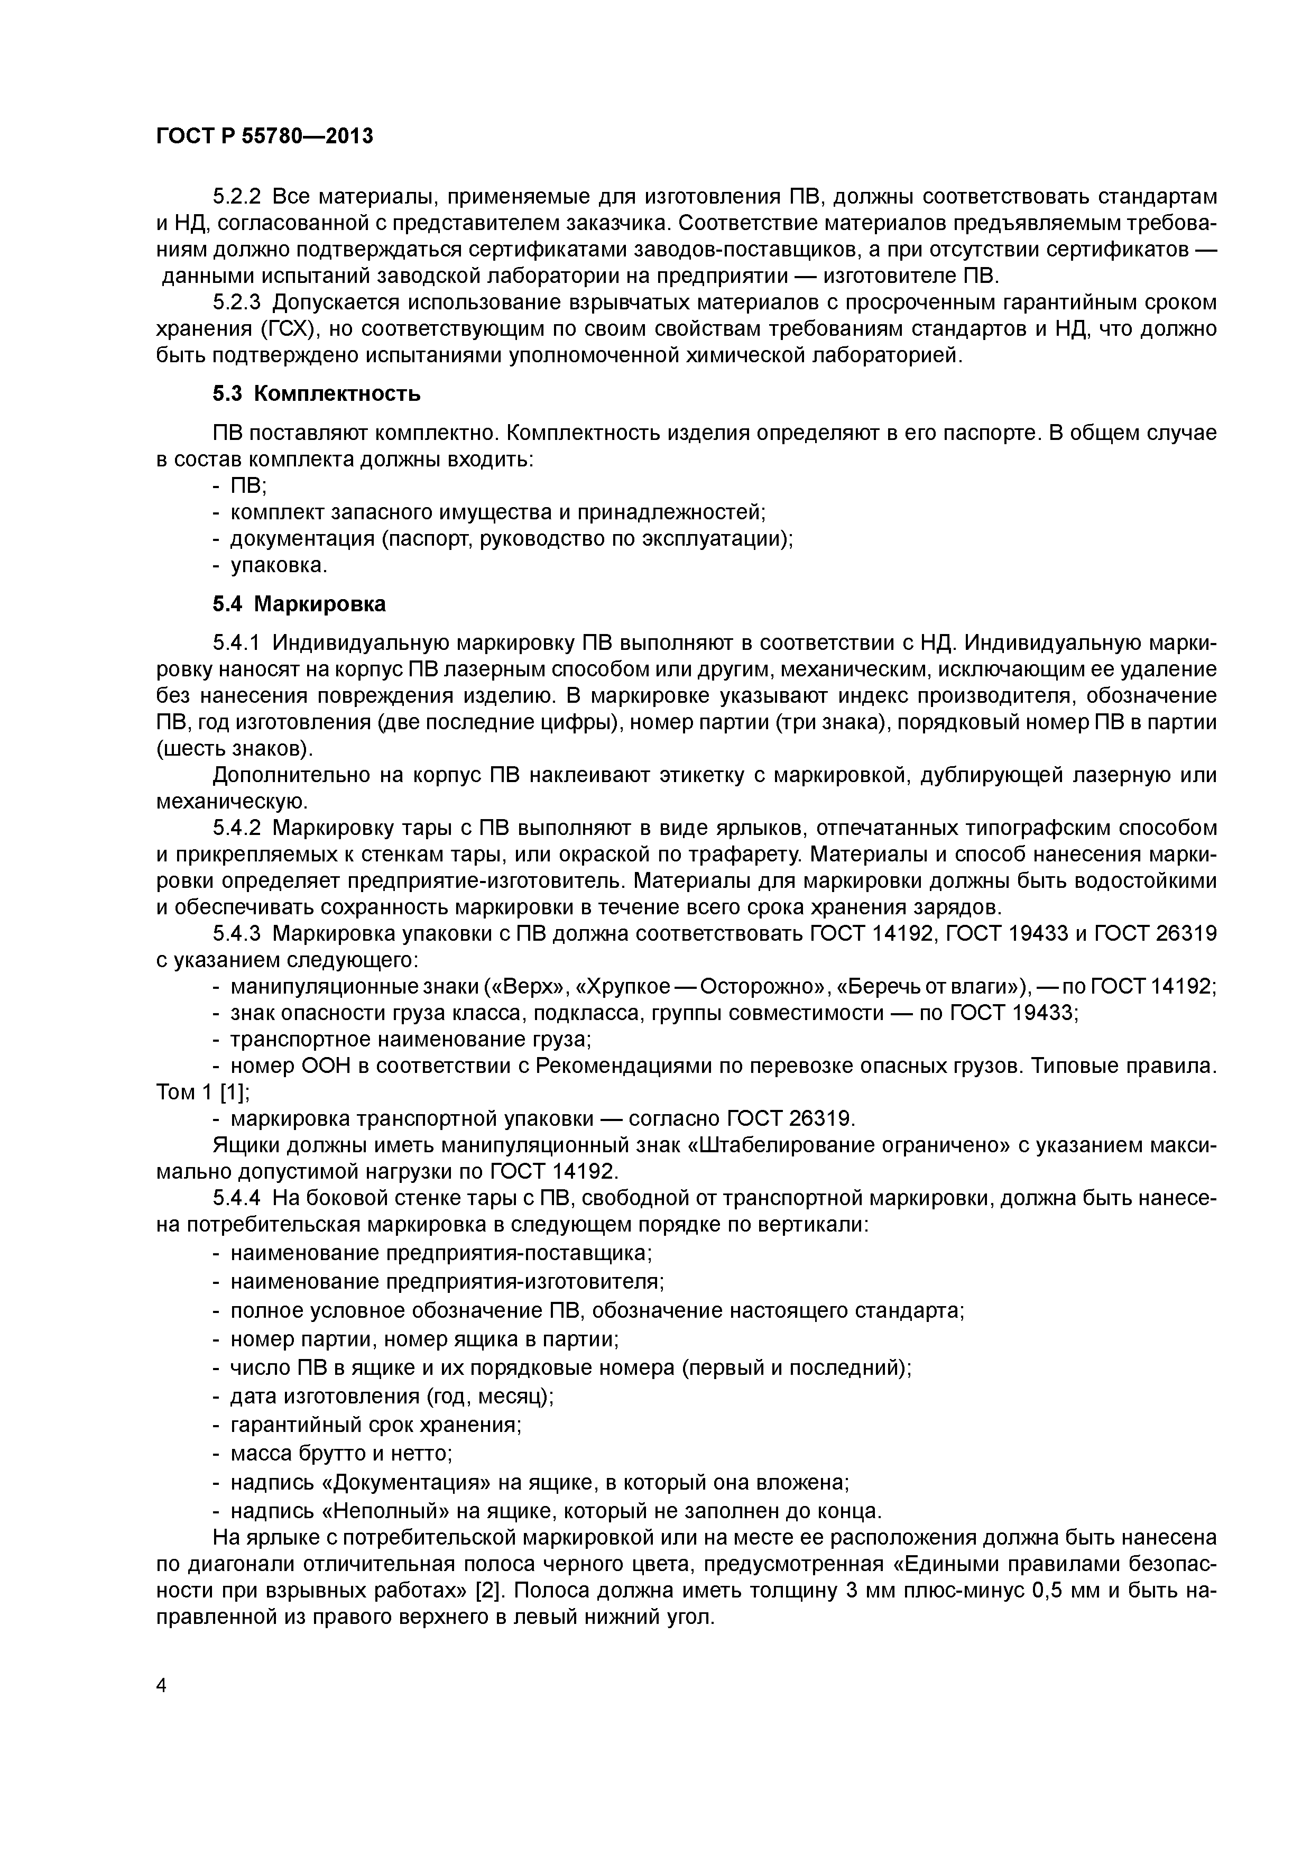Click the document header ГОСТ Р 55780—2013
(x=264, y=136)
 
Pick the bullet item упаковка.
(x=279, y=566)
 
